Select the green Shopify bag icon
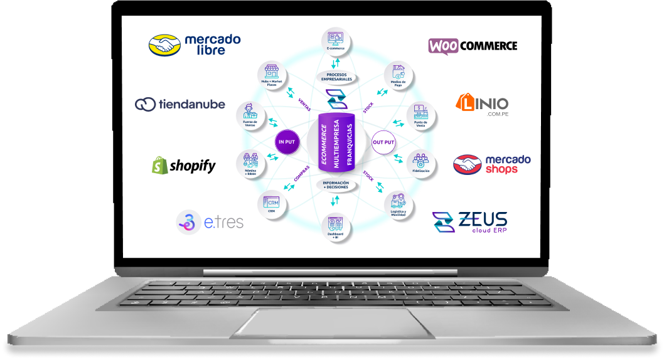point(159,165)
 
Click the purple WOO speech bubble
point(444,46)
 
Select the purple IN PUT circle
point(286,142)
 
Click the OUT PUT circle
point(383,142)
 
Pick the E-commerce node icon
point(335,40)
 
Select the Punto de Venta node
point(420,114)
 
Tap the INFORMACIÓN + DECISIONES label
point(336,185)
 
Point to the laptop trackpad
point(333,322)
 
